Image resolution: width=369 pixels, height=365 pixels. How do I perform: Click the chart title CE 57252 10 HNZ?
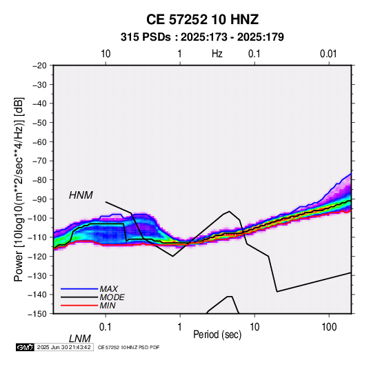pos(202,19)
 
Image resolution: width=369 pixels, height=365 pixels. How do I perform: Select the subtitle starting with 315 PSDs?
pos(202,37)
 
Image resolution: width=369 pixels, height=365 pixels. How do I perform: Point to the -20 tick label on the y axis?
pos(39,66)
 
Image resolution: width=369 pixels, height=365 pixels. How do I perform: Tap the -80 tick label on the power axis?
pos(39,180)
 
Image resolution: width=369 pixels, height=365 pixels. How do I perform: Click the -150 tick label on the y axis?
pos(37,314)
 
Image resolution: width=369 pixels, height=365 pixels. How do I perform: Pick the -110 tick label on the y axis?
pos(37,237)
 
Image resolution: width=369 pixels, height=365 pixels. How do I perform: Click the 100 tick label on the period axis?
pos(329,327)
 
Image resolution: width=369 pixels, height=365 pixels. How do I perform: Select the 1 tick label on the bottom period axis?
pos(179,327)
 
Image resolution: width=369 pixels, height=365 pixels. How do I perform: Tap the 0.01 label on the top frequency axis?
pos(328,54)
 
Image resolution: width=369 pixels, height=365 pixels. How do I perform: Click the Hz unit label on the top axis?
pos(217,54)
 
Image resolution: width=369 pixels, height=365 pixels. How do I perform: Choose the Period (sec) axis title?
pos(217,335)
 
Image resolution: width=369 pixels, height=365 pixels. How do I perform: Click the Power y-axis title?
pos(19,189)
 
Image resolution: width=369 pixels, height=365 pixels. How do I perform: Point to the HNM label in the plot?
pos(81,195)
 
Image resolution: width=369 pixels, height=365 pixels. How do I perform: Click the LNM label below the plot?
pos(79,339)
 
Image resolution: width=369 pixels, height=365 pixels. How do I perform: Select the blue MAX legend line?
pos(79,288)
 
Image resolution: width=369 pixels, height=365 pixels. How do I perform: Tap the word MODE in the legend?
pos(112,297)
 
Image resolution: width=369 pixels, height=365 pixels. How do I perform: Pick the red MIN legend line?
pos(79,306)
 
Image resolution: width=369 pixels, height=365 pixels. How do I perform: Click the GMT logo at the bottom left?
pos(26,347)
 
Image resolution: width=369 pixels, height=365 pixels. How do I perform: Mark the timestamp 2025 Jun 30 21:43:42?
pos(63,347)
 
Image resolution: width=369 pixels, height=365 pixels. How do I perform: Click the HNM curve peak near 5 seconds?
pos(229,211)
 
